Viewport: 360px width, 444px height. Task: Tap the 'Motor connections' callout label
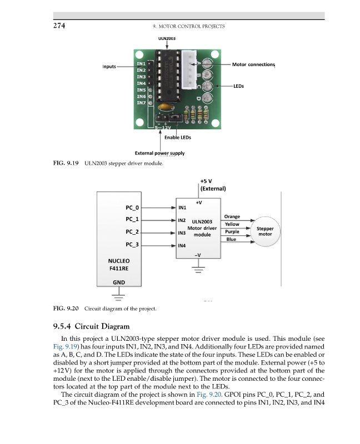click(253, 65)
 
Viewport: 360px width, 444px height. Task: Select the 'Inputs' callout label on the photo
click(109, 67)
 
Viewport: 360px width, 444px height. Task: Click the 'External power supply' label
click(160, 153)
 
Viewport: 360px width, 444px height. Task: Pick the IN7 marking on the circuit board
click(141, 103)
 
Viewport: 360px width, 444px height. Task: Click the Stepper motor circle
click(265, 231)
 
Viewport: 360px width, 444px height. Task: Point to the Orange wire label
click(232, 216)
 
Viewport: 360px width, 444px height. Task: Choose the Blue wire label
click(232, 239)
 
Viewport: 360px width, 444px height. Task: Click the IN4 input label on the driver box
click(182, 245)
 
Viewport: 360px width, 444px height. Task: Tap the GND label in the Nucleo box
click(119, 282)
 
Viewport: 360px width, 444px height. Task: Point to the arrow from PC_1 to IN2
click(158, 220)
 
